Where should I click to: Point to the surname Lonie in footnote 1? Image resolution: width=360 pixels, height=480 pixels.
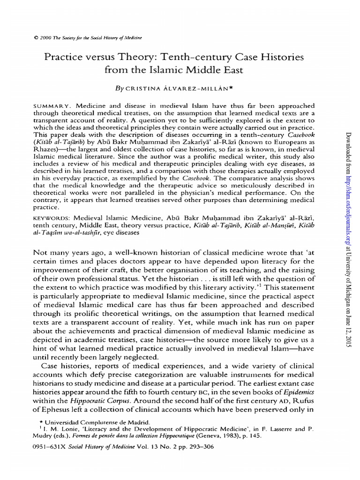pyautogui.click(x=75, y=428)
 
